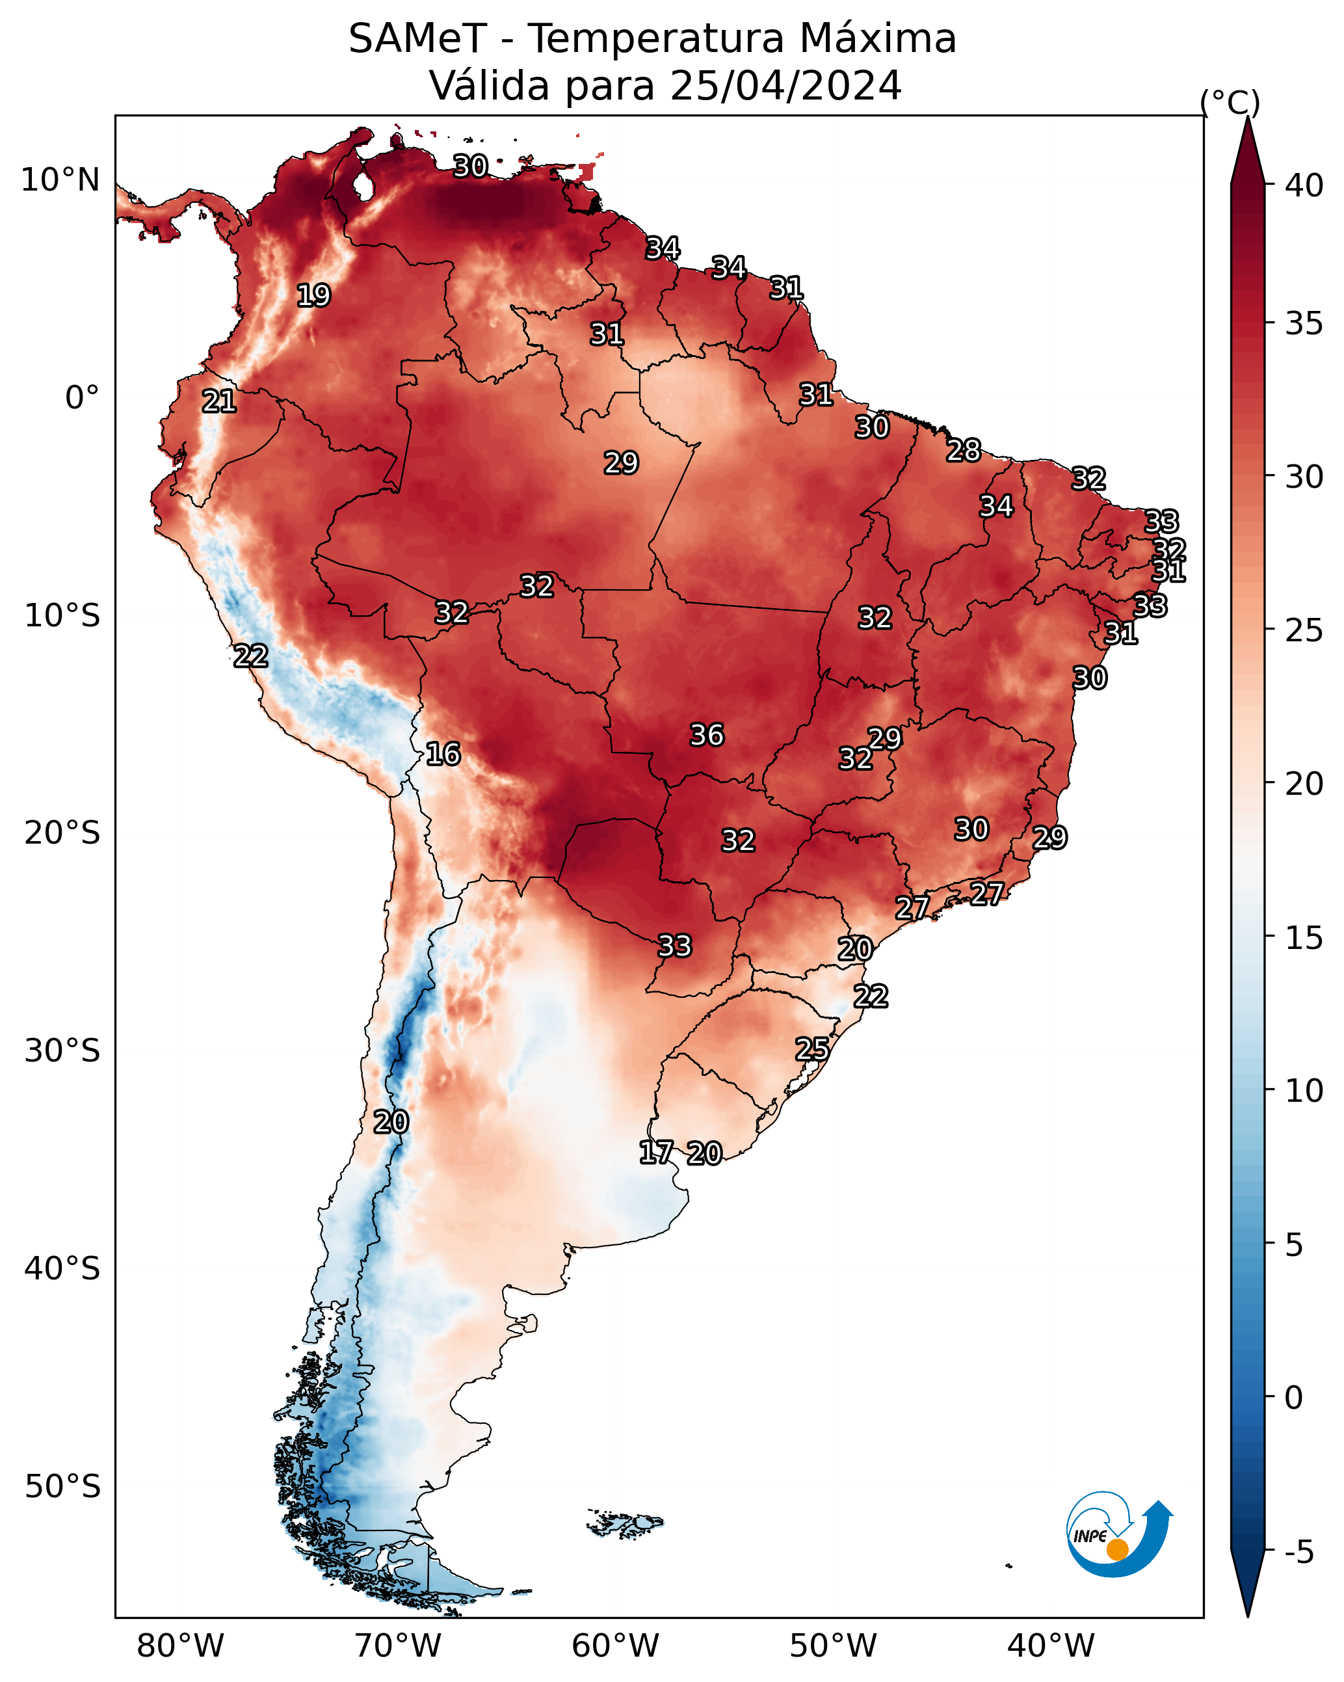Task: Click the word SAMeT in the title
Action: pyautogui.click(x=417, y=39)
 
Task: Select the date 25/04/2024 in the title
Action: pyautogui.click(x=785, y=86)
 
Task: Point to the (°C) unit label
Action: pyautogui.click(x=1230, y=102)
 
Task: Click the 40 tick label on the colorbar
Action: pyautogui.click(x=1304, y=185)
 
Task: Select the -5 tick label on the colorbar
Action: pyautogui.click(x=1298, y=1553)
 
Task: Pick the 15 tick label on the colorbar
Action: pyautogui.click(x=1304, y=938)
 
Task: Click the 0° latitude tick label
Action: pyautogui.click(x=83, y=398)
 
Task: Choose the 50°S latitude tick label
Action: pyautogui.click(x=62, y=1487)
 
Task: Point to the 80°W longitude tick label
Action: pyautogui.click(x=180, y=1646)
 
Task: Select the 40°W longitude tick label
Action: pyautogui.click(x=1051, y=1646)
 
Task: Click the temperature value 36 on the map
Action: pyautogui.click(x=707, y=735)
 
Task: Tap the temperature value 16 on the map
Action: pyautogui.click(x=443, y=754)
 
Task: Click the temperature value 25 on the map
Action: pyautogui.click(x=812, y=1048)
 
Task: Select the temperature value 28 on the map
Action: pyautogui.click(x=964, y=450)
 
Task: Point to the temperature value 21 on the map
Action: pyautogui.click(x=219, y=401)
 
